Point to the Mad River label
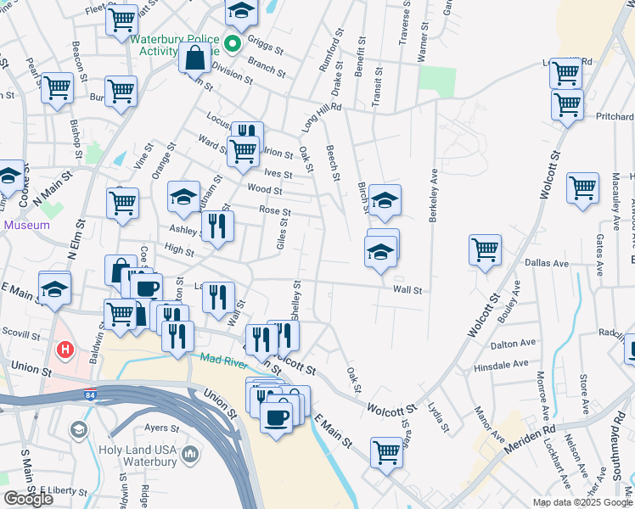click(222, 359)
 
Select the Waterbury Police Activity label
click(176, 44)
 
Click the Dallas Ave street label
click(549, 264)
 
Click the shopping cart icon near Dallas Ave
click(485, 249)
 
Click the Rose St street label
click(275, 211)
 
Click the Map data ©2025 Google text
click(582, 502)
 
